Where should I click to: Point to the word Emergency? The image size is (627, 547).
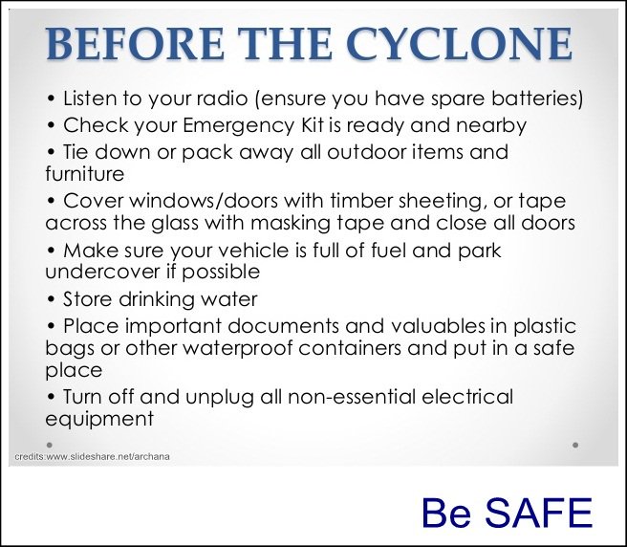[238, 126]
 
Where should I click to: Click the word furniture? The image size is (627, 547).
[85, 174]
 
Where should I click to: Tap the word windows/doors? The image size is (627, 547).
[204, 201]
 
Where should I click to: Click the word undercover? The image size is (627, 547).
[101, 273]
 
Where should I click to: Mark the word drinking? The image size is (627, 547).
[157, 300]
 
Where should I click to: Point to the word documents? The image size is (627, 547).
[283, 326]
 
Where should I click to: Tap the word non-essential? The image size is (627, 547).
[351, 398]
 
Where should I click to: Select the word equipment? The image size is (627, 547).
[99, 420]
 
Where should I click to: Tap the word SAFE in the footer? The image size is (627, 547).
[538, 513]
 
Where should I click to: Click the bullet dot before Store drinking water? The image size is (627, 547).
[51, 299]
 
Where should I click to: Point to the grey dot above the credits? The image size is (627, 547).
[50, 445]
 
